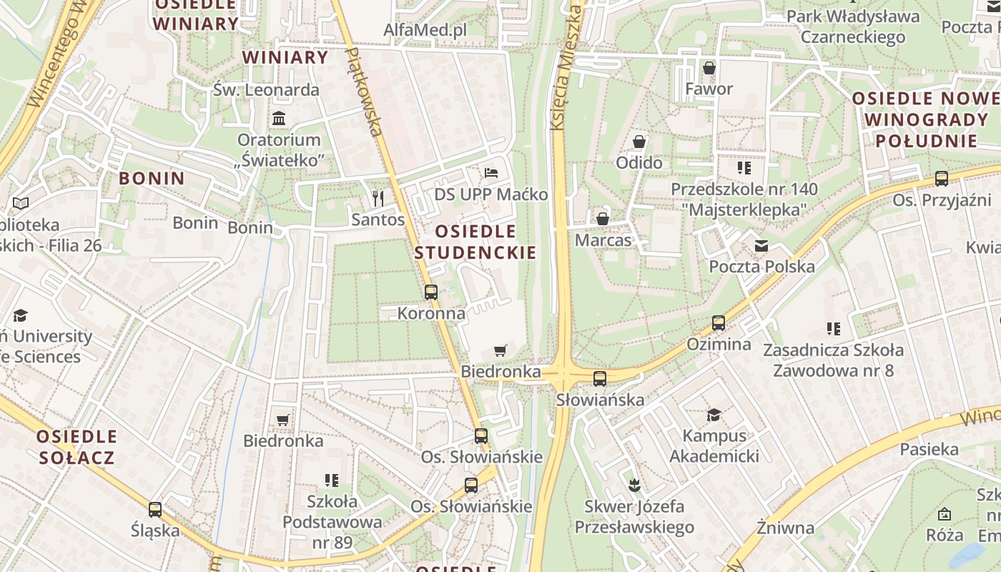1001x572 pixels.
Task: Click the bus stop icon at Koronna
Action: (430, 292)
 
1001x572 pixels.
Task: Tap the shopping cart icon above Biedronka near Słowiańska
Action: (500, 350)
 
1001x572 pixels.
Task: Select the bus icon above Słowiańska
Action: (600, 379)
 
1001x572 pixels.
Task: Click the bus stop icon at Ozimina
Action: (719, 323)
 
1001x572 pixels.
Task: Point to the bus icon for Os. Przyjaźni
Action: (942, 179)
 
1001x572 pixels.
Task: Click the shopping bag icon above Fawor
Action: (709, 68)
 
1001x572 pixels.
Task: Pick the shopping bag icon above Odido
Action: (639, 142)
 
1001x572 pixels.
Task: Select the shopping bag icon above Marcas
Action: (603, 218)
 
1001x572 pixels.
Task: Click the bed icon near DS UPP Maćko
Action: (491, 173)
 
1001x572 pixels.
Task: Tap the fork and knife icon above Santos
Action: (378, 198)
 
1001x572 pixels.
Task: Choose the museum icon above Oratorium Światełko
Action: (279, 118)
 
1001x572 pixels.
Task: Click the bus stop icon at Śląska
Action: (155, 510)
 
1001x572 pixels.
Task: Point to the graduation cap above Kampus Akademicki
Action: (714, 415)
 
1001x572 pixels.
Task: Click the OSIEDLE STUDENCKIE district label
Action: (475, 242)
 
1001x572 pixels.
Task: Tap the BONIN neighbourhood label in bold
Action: (152, 178)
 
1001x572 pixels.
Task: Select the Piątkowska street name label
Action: (364, 92)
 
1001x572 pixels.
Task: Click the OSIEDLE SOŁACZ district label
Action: (77, 447)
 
